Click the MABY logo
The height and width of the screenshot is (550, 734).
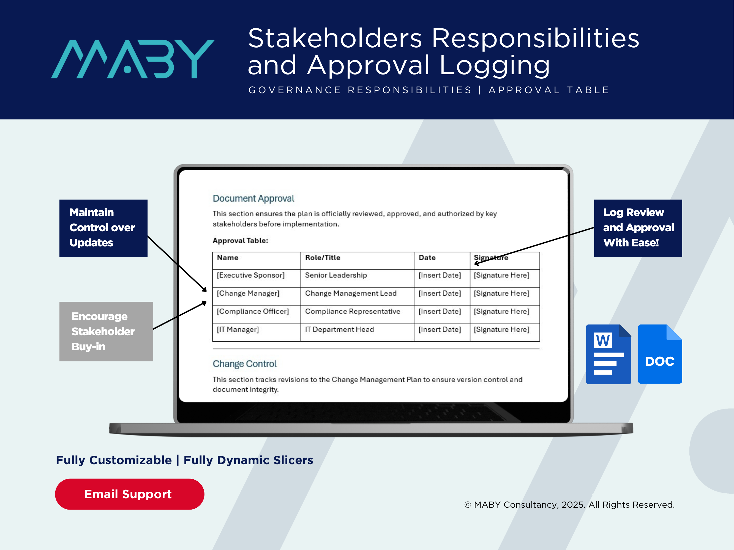[x=133, y=59]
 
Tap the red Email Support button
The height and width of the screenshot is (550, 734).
[x=129, y=494]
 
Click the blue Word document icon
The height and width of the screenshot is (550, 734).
[x=608, y=354]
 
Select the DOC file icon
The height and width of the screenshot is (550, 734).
[x=660, y=354]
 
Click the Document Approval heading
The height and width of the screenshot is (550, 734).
[x=253, y=199]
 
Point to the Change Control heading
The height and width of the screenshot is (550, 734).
[x=245, y=364]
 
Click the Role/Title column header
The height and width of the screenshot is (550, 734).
[x=323, y=258]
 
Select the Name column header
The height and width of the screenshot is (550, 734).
[x=228, y=258]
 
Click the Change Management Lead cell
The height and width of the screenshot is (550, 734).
[x=351, y=293]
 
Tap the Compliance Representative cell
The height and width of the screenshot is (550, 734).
[x=352, y=311]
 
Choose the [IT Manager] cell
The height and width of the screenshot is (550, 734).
[x=238, y=329]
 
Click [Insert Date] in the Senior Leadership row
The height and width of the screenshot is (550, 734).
[x=440, y=275]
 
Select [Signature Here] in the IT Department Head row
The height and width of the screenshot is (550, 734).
[x=501, y=329]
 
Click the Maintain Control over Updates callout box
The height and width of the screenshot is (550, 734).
[x=103, y=228]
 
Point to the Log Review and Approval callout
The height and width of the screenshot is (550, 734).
[x=638, y=228]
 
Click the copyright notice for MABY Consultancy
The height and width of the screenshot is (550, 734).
[x=569, y=505]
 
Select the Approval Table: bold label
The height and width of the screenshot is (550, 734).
[x=240, y=240]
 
